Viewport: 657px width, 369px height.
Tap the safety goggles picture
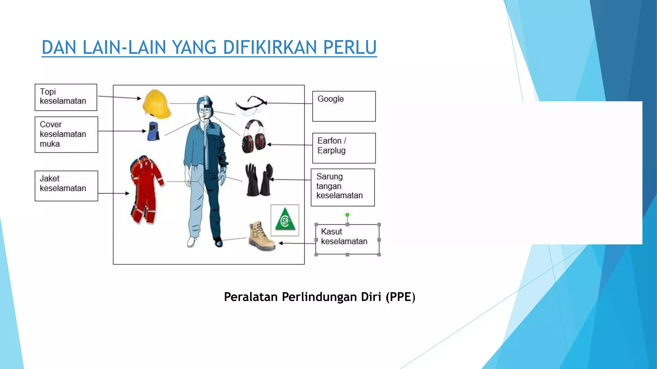[x=251, y=105]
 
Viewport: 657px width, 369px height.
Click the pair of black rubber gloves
[x=259, y=180]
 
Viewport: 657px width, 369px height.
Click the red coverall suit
[x=146, y=189]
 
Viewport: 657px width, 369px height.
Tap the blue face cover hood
[x=153, y=131]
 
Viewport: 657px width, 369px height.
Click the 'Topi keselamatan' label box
[x=66, y=97]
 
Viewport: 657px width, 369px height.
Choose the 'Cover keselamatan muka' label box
[x=66, y=134]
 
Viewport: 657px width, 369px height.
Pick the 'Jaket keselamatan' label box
[x=66, y=185]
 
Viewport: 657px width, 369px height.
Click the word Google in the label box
[x=330, y=99]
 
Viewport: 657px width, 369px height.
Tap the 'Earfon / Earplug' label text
[x=332, y=145]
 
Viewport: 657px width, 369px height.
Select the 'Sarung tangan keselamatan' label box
[x=342, y=187]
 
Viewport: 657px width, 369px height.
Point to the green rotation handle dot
[x=347, y=215]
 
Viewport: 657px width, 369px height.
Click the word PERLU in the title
[x=350, y=47]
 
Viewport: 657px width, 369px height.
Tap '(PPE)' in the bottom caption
[x=400, y=297]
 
